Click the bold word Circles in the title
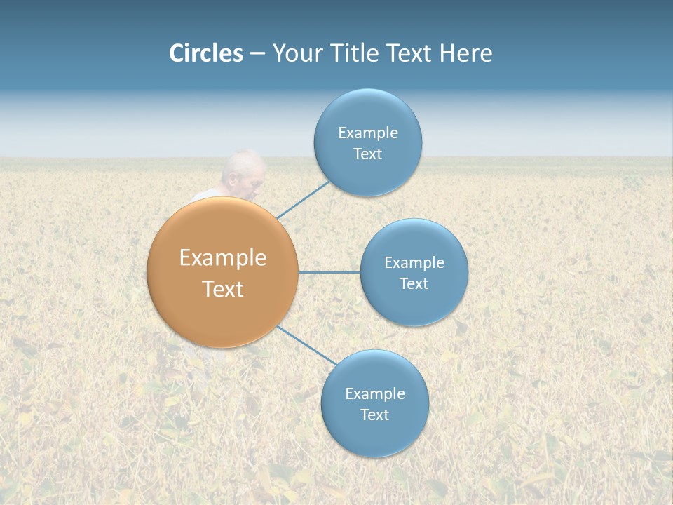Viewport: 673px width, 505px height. tap(206, 53)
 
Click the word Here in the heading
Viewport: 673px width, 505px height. tap(465, 53)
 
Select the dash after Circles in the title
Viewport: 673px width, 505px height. tap(257, 54)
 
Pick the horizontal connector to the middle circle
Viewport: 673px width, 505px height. tap(329, 272)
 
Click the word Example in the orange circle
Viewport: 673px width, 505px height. tap(223, 258)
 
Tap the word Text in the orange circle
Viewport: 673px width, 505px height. tap(223, 289)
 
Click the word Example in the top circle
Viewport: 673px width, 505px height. tap(367, 133)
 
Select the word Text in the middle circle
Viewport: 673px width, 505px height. tap(414, 283)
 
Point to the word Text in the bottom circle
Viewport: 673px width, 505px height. tap(374, 415)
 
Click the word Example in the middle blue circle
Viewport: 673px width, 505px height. tap(414, 262)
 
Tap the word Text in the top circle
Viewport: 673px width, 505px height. tap(367, 154)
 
